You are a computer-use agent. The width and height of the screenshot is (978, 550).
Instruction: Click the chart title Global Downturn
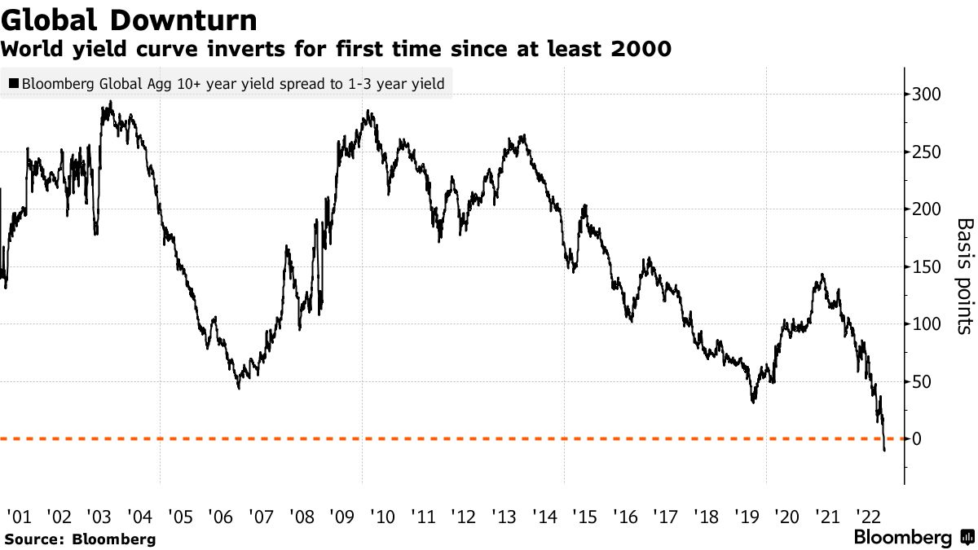click(130, 20)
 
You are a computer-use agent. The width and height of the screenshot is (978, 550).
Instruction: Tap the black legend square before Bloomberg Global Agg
click(13, 83)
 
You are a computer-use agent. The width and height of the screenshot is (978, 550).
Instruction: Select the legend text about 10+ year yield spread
click(232, 83)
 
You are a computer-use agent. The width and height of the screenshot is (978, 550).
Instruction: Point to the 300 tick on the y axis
click(924, 95)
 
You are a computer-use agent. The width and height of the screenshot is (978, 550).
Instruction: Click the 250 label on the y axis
click(924, 152)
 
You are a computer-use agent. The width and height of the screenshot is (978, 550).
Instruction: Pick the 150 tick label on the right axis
click(924, 267)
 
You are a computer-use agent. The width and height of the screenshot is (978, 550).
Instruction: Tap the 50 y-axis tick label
click(921, 382)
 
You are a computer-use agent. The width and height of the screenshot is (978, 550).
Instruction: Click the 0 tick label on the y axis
click(917, 439)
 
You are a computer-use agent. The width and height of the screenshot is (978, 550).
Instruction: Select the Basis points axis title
click(963, 275)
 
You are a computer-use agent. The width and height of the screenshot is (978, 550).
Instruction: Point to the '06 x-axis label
click(220, 516)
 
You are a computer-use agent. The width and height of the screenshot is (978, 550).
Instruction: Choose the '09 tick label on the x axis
click(341, 516)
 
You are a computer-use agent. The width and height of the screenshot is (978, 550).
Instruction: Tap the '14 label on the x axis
click(544, 516)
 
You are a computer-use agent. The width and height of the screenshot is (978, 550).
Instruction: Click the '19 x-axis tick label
click(746, 516)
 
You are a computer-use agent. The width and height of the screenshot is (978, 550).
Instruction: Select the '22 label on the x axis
click(867, 516)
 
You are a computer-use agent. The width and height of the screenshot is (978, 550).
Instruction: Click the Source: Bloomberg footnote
click(80, 539)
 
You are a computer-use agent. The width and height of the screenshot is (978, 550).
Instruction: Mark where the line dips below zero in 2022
click(884, 447)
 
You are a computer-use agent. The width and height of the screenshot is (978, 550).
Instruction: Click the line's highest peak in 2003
click(110, 103)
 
